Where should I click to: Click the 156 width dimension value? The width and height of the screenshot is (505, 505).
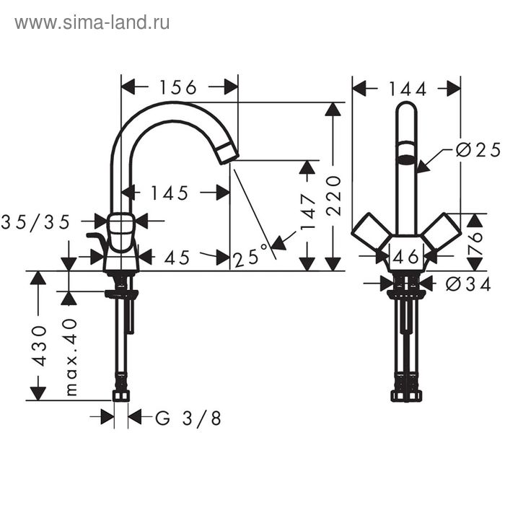[178, 87]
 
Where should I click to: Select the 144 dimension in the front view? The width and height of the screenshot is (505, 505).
[408, 89]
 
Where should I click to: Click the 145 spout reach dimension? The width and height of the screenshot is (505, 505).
[170, 193]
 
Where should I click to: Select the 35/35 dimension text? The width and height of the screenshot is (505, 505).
[36, 221]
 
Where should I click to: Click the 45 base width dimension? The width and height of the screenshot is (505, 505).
[177, 257]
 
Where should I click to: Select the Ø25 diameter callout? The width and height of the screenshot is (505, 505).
[478, 150]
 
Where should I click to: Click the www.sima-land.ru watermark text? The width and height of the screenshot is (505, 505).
[92, 22]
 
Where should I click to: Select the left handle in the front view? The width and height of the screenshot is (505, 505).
[371, 230]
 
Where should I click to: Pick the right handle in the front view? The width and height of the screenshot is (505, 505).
[442, 230]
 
